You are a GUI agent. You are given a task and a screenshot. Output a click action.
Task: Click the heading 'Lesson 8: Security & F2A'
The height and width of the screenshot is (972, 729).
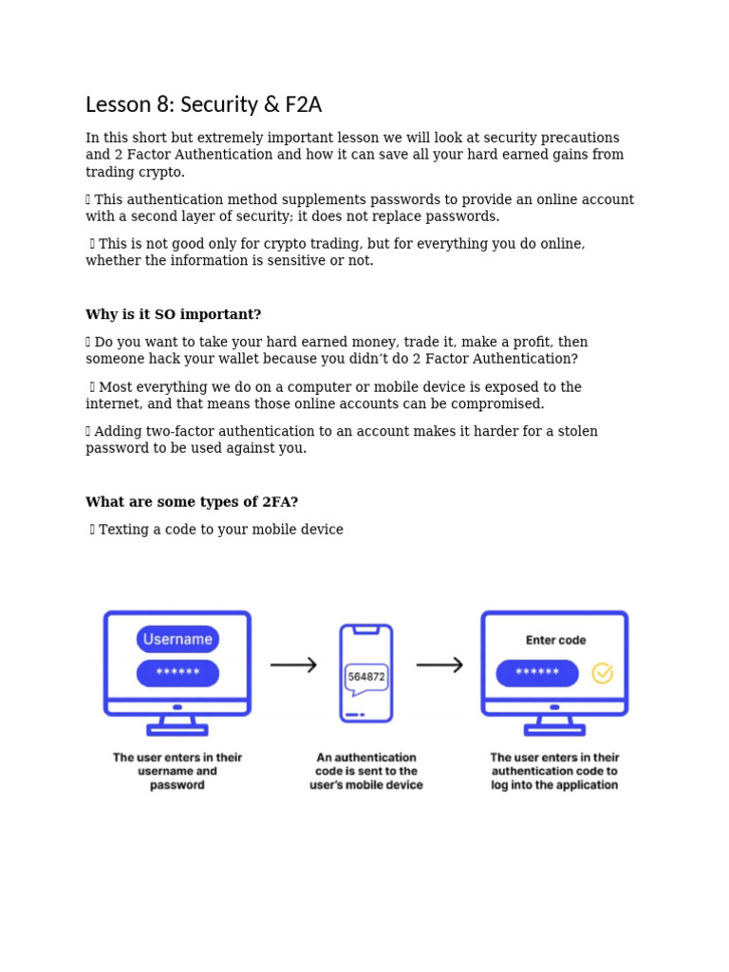click(203, 104)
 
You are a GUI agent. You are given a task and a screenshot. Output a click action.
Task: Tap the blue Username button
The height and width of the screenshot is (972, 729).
click(178, 639)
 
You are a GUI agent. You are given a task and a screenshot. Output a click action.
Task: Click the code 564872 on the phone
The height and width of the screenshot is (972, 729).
click(366, 677)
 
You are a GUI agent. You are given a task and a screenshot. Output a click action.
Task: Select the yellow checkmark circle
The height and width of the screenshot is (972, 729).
click(602, 673)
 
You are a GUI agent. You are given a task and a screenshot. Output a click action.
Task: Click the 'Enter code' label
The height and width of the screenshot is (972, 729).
click(555, 641)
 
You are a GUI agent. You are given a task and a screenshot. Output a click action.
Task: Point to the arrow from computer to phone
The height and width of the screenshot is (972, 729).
click(293, 665)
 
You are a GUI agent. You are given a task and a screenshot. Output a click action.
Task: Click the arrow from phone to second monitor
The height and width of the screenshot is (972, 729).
click(439, 665)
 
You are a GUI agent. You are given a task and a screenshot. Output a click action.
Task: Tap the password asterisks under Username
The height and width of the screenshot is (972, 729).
click(178, 673)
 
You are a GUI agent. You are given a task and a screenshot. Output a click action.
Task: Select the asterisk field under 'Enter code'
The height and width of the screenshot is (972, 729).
click(537, 673)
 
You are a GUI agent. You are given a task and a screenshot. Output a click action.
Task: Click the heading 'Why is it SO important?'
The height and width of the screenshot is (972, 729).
click(173, 314)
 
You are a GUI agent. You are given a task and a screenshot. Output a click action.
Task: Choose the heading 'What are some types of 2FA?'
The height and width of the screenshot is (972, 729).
click(192, 502)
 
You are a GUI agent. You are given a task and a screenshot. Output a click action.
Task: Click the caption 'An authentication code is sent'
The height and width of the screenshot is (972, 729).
click(365, 771)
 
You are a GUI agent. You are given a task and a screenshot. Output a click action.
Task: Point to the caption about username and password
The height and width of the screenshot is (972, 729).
click(178, 771)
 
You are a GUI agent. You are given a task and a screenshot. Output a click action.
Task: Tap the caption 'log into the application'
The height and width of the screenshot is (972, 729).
click(554, 785)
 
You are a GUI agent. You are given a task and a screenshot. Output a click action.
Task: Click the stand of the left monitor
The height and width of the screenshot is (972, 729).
click(178, 725)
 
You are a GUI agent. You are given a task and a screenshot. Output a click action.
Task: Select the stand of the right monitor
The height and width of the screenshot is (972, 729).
click(555, 725)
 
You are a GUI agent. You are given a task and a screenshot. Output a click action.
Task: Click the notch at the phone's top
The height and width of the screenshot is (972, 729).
click(366, 629)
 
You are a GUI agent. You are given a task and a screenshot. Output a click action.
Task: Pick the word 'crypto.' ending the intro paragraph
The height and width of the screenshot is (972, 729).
click(161, 172)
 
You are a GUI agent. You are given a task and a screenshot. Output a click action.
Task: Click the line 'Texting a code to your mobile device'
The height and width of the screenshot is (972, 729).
click(220, 530)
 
